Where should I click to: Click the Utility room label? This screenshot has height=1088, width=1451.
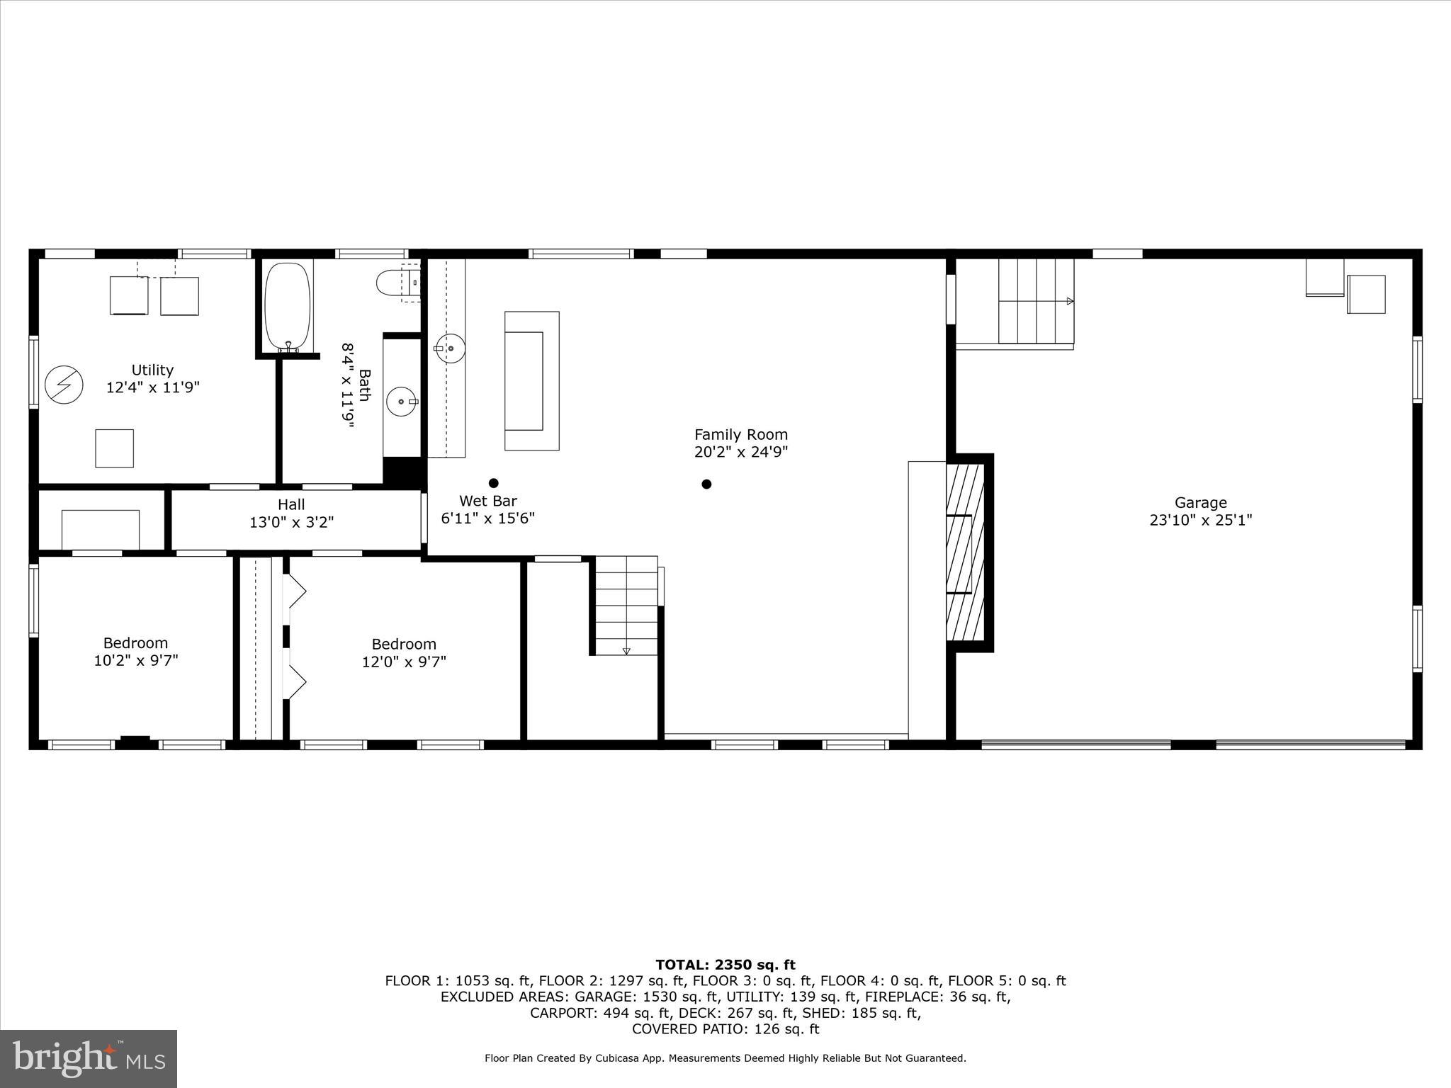(x=152, y=370)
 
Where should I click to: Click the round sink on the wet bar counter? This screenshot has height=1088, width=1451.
(x=450, y=348)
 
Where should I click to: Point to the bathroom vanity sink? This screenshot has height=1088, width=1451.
(x=402, y=402)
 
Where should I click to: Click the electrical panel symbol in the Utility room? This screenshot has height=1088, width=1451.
(x=64, y=385)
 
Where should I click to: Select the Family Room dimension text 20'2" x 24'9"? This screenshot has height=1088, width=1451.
(x=740, y=452)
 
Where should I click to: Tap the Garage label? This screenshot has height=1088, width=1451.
(x=1200, y=503)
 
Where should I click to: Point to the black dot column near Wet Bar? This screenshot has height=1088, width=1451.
(x=494, y=483)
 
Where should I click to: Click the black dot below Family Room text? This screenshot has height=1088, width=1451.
(x=706, y=484)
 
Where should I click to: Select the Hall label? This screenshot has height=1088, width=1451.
(x=291, y=504)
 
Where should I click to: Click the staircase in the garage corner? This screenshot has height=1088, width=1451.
(x=1035, y=301)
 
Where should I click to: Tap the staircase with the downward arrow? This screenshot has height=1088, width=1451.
(x=626, y=605)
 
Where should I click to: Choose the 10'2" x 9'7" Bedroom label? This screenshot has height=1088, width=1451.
(x=135, y=652)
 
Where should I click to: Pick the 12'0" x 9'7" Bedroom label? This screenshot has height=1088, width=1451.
(x=404, y=652)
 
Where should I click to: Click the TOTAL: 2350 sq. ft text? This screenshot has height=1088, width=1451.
(x=725, y=965)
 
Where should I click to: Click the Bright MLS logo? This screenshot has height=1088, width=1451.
(x=89, y=1058)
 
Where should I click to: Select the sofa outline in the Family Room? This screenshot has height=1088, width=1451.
(x=531, y=381)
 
